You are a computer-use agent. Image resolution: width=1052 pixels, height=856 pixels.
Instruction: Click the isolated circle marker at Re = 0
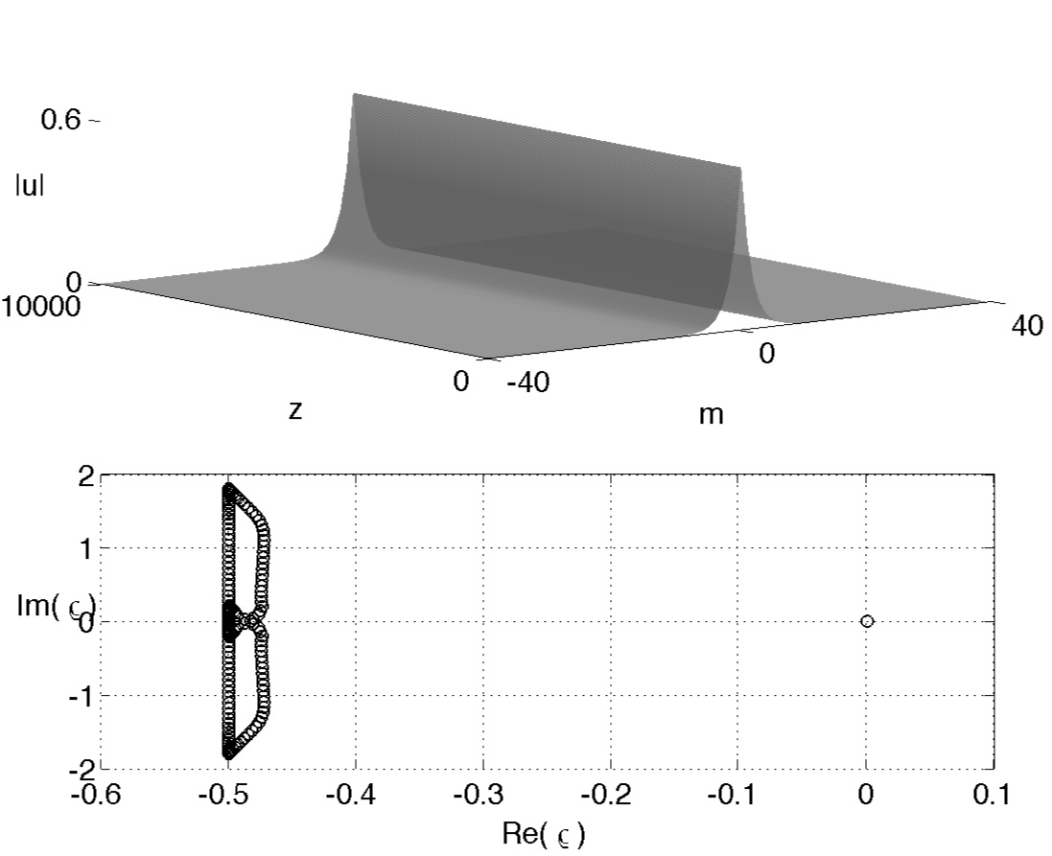tap(866, 621)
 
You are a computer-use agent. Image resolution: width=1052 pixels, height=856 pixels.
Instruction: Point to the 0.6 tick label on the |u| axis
tap(60, 120)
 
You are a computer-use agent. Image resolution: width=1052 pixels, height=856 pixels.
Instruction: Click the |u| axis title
tap(30, 186)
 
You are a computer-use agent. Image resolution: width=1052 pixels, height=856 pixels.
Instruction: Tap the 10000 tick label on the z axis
tap(40, 307)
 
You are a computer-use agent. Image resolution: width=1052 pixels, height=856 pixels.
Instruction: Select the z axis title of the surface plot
tap(295, 410)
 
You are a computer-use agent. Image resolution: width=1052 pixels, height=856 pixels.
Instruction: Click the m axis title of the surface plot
tap(712, 415)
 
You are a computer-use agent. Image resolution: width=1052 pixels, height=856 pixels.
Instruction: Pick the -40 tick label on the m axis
tap(528, 383)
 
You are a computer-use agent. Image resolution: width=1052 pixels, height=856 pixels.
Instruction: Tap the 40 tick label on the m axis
tap(1026, 326)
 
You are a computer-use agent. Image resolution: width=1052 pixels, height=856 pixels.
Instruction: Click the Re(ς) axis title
tap(544, 834)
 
